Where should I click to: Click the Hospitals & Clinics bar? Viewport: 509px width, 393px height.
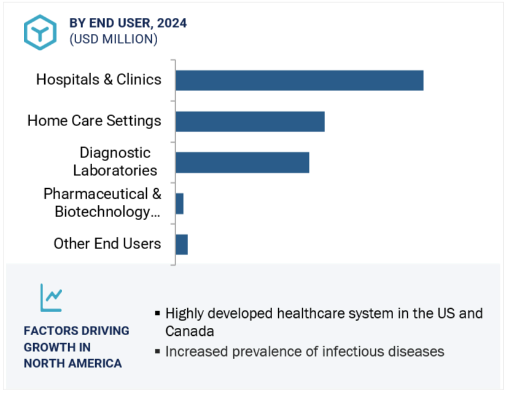pyautogui.click(x=299, y=81)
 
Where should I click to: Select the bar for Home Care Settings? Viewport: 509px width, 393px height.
pyautogui.click(x=250, y=121)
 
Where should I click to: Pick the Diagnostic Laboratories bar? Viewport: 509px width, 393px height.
pyautogui.click(x=242, y=162)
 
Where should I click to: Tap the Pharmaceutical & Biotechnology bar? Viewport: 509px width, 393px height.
pyautogui.click(x=179, y=204)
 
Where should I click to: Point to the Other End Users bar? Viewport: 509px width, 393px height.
pyautogui.click(x=182, y=244)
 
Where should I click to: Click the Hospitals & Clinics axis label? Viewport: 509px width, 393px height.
pyautogui.click(x=99, y=79)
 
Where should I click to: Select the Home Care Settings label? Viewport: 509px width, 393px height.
pyautogui.click(x=94, y=121)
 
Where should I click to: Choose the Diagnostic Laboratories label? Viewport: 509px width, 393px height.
pyautogui.click(x=115, y=161)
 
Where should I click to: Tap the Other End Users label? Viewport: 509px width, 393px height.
pyautogui.click(x=107, y=244)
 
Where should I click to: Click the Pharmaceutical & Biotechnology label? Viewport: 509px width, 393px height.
pyautogui.click(x=102, y=203)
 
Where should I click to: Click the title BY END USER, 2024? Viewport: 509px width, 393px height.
pyautogui.click(x=128, y=23)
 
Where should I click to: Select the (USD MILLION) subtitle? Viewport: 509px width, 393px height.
pyautogui.click(x=113, y=39)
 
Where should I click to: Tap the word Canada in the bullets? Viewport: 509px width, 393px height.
pyautogui.click(x=190, y=331)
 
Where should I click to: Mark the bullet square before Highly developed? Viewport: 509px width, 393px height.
pyautogui.click(x=157, y=314)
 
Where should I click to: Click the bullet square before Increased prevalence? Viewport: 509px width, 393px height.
pyautogui.click(x=157, y=352)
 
